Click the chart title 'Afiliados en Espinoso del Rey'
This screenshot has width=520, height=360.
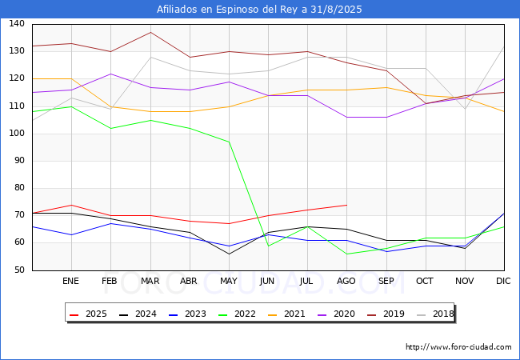(x=228, y=10)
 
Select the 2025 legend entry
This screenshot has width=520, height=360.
(x=88, y=314)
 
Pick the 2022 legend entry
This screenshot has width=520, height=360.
(x=237, y=314)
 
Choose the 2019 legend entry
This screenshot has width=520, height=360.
(x=386, y=314)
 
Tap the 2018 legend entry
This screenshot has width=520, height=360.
(x=435, y=314)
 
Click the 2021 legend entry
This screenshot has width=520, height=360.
(x=286, y=314)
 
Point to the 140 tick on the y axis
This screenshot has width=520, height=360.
(x=17, y=23)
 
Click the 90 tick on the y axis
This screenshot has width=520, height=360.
(x=19, y=161)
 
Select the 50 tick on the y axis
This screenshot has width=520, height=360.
(x=19, y=270)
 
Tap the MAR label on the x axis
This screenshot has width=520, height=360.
(x=150, y=281)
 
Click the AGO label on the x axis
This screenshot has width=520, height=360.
(x=346, y=281)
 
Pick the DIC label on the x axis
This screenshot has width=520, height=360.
(x=503, y=281)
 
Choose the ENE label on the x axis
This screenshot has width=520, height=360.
(x=70, y=281)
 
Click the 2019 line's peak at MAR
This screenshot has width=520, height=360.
(x=150, y=32)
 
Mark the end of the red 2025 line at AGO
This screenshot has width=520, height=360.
(x=347, y=205)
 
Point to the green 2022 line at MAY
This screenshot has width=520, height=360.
(x=229, y=142)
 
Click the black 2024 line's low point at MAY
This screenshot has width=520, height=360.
(x=229, y=254)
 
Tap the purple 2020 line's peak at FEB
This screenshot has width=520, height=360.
(x=110, y=74)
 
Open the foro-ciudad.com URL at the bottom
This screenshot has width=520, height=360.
(x=458, y=347)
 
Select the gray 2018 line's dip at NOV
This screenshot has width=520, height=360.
(x=465, y=109)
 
